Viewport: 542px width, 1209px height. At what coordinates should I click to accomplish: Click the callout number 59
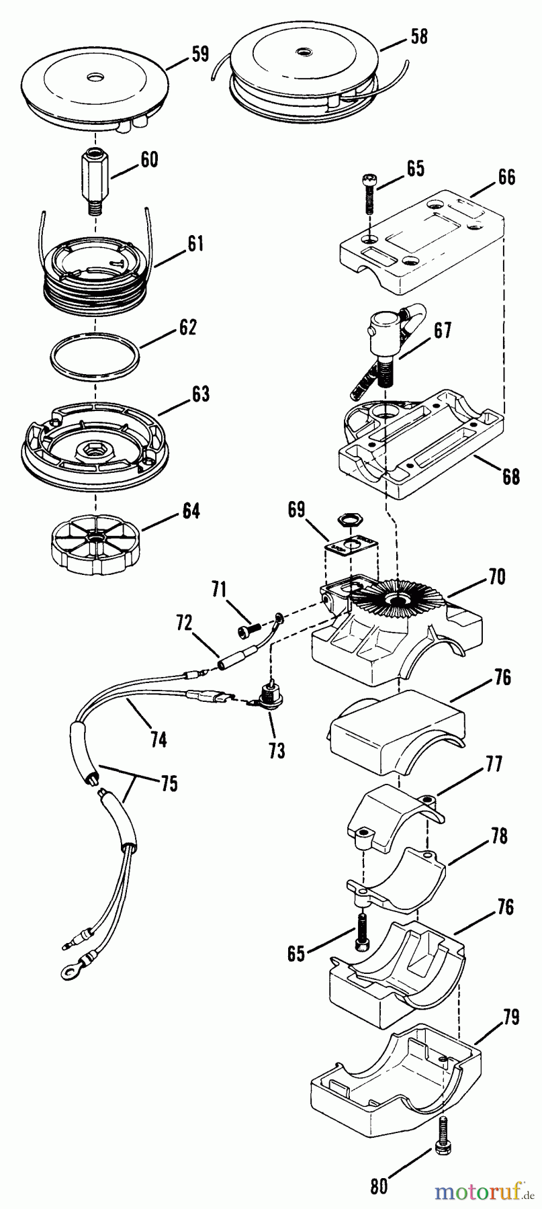200,55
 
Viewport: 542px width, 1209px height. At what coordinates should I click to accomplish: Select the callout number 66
506,177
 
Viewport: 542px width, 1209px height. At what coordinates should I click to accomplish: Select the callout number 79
510,1018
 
